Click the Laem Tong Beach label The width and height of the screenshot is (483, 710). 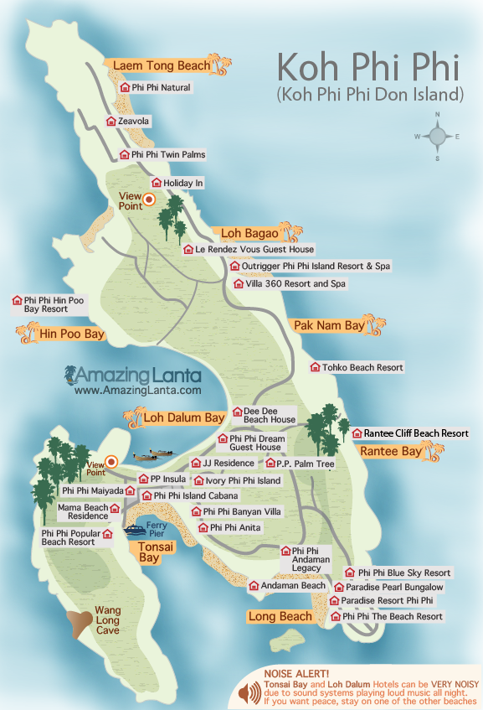[157, 65]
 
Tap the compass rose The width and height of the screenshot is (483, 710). [437, 136]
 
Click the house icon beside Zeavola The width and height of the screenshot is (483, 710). [111, 122]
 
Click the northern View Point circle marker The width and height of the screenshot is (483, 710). [149, 200]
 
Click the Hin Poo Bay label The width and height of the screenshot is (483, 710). [71, 334]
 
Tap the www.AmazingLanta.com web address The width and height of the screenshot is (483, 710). [137, 390]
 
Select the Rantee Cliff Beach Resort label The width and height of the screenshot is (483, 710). [416, 433]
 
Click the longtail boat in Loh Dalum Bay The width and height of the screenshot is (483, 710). [149, 456]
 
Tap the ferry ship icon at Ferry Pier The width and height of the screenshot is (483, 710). [136, 530]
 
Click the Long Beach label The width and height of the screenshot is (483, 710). [280, 617]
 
